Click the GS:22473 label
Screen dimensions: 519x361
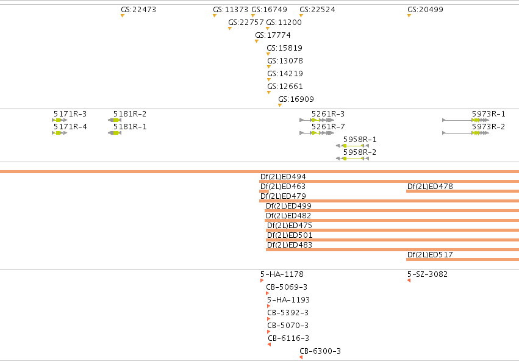(138, 10)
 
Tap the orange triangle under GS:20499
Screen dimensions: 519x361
(409, 16)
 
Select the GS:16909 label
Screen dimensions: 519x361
(296, 99)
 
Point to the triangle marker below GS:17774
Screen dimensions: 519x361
(257, 41)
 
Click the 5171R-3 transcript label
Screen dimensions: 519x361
(70, 114)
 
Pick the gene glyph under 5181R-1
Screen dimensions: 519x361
(115, 133)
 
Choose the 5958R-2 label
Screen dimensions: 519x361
(360, 152)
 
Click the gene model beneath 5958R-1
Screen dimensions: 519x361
(352, 146)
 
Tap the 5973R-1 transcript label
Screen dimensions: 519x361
(489, 114)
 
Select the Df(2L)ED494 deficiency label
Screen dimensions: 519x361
(283, 177)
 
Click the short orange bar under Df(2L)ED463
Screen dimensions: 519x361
(264, 191)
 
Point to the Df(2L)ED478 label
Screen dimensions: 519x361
(430, 186)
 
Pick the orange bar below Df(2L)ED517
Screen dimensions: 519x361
(462, 259)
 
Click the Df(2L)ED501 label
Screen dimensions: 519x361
(290, 235)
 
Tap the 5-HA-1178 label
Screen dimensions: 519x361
(282, 274)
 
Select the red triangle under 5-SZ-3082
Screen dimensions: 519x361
(409, 281)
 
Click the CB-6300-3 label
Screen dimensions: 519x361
(320, 351)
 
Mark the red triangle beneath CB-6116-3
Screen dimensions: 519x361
(270, 345)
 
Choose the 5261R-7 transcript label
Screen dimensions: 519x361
(328, 127)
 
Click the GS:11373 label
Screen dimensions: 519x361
(231, 10)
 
